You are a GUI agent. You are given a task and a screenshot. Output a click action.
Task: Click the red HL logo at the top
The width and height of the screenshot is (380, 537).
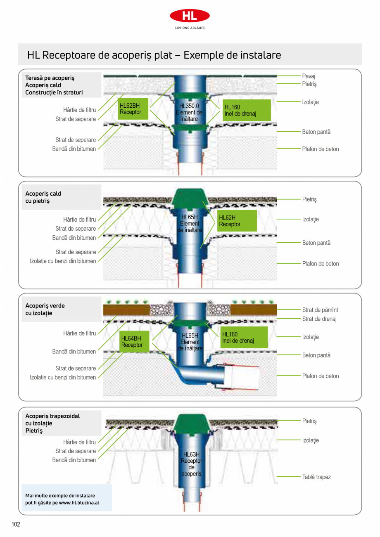click(x=190, y=16)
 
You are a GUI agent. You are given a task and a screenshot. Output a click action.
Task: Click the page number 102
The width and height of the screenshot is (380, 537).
click(x=16, y=525)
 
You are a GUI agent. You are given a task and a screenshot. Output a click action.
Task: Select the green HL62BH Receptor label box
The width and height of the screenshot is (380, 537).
click(x=133, y=109)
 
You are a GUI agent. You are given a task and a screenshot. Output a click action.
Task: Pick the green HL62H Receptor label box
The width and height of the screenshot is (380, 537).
click(x=237, y=221)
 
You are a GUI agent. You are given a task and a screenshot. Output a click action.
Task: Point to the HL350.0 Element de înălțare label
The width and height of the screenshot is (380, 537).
click(x=189, y=112)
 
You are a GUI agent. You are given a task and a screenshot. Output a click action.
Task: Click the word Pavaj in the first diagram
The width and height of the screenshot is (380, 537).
click(x=309, y=76)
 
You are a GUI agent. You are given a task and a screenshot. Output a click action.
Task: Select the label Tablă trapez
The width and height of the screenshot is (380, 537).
click(x=316, y=477)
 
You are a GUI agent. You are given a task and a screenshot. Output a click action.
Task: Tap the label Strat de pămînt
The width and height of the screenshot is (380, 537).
click(x=320, y=310)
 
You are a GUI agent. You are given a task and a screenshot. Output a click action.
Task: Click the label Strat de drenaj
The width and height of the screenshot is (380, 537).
click(x=319, y=319)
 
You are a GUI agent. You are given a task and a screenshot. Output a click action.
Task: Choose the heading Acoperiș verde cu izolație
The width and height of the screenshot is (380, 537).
click(x=45, y=309)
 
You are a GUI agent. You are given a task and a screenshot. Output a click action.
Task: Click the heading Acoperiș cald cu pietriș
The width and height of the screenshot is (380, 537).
click(x=43, y=197)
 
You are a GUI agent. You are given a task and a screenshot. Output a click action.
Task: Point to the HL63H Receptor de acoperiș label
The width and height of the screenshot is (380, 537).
click(x=191, y=464)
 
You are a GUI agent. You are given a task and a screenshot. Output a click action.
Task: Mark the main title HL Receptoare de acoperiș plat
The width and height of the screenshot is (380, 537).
click(x=154, y=55)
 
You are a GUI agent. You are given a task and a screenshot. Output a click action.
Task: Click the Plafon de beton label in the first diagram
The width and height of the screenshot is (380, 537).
click(x=320, y=149)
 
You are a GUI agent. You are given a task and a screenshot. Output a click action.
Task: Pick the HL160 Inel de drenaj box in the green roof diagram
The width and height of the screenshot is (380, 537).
click(x=244, y=337)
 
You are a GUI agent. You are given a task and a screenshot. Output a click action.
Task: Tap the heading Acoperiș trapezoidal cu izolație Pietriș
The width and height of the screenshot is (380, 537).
click(x=52, y=423)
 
